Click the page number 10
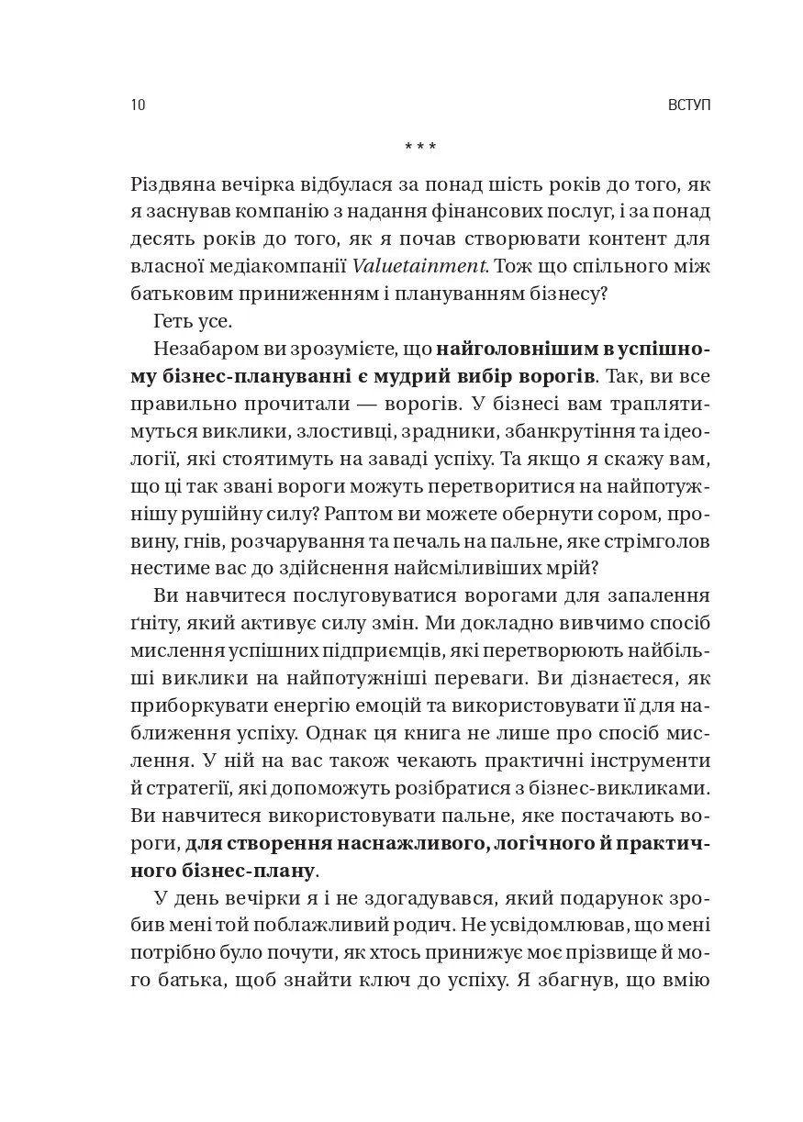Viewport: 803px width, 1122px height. pos(138,106)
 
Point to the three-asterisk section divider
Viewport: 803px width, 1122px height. pos(420,146)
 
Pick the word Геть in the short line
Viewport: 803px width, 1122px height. pos(173,322)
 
